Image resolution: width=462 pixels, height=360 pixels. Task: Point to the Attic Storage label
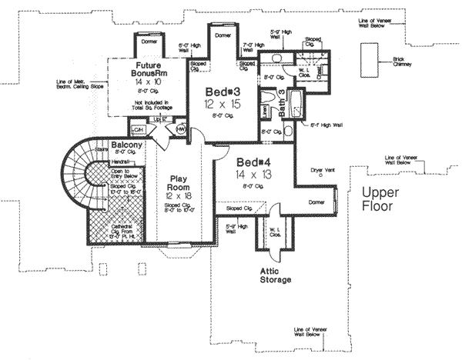pos(274,275)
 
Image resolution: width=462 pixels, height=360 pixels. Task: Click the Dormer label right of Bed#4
pos(316,201)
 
